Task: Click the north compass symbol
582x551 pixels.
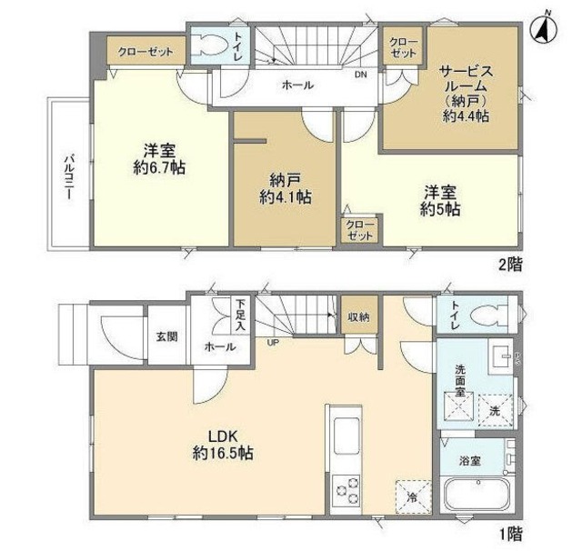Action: coord(545,30)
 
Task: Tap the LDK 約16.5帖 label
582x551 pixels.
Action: coord(223,445)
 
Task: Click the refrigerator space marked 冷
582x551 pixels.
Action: coord(413,496)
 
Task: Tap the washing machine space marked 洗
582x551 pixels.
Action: coord(495,411)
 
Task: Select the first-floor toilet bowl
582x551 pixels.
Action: coord(488,316)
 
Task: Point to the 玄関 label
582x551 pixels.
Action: coord(167,337)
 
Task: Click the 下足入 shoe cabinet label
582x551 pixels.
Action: coord(241,316)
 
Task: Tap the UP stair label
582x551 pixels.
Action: coord(273,343)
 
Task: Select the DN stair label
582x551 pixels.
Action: coord(360,75)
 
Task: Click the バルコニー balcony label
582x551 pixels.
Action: coord(69,177)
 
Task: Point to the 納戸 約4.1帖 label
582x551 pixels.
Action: coord(285,189)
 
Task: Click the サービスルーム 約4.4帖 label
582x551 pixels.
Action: coord(466,94)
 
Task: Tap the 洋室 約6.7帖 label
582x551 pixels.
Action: coord(160,159)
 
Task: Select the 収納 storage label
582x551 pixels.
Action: coord(358,317)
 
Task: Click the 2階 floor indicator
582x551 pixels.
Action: coord(510,265)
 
